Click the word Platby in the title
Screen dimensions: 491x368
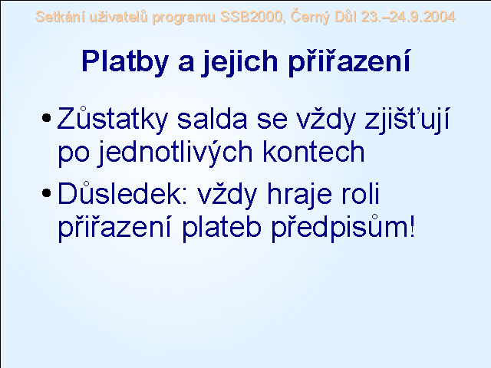[125, 62]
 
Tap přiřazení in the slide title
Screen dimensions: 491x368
[349, 62]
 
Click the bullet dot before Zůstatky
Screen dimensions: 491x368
[46, 118]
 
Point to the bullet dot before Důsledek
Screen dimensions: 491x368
[46, 192]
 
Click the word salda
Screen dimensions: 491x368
[213, 119]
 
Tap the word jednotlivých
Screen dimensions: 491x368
[174, 153]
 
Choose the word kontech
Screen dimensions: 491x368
[314, 152]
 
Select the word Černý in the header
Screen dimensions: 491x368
[310, 17]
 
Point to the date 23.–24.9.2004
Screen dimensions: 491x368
[408, 17]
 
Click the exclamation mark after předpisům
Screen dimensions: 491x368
[412, 227]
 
